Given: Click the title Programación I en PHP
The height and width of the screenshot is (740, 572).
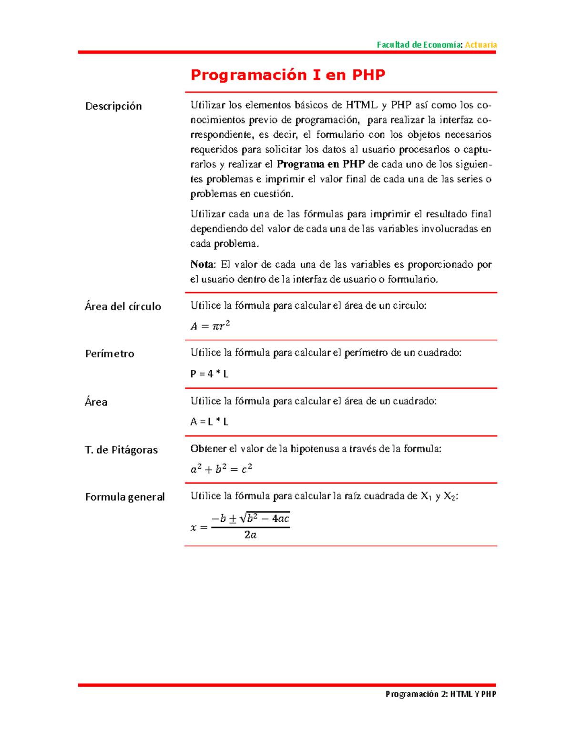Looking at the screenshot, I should pyautogui.click(x=288, y=75).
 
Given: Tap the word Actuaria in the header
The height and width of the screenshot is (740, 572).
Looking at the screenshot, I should pyautogui.click(x=480, y=45).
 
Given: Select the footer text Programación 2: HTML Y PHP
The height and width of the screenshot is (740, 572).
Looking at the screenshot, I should pyautogui.click(x=440, y=694).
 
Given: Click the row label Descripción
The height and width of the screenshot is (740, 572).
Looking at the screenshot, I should pyautogui.click(x=113, y=106).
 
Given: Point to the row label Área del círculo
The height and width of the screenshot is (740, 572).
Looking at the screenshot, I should pyautogui.click(x=123, y=306).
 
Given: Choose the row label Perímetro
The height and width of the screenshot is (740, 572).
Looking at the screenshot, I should pyautogui.click(x=110, y=354).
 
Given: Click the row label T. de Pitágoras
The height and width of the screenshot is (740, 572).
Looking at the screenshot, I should pyautogui.click(x=121, y=450).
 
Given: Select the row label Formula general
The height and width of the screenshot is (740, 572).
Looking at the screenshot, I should pyautogui.click(x=125, y=497).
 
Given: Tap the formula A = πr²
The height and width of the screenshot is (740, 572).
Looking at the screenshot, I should pyautogui.click(x=210, y=326).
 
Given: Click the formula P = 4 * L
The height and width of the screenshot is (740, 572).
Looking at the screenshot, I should pyautogui.click(x=209, y=374).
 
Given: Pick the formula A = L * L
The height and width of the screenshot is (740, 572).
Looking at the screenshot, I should pyautogui.click(x=209, y=422).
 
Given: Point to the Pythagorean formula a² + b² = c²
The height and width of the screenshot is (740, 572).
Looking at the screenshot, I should pyautogui.click(x=221, y=469).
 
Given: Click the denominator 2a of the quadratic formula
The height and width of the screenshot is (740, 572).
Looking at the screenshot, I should pyautogui.click(x=250, y=535).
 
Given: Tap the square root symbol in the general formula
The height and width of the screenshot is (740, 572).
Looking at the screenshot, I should pyautogui.click(x=244, y=518).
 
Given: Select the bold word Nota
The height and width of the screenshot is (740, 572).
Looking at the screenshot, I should pyautogui.click(x=203, y=264).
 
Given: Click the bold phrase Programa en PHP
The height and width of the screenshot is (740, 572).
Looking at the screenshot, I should pyautogui.click(x=320, y=164).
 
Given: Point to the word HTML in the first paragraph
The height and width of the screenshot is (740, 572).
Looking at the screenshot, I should pyautogui.click(x=361, y=105).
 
